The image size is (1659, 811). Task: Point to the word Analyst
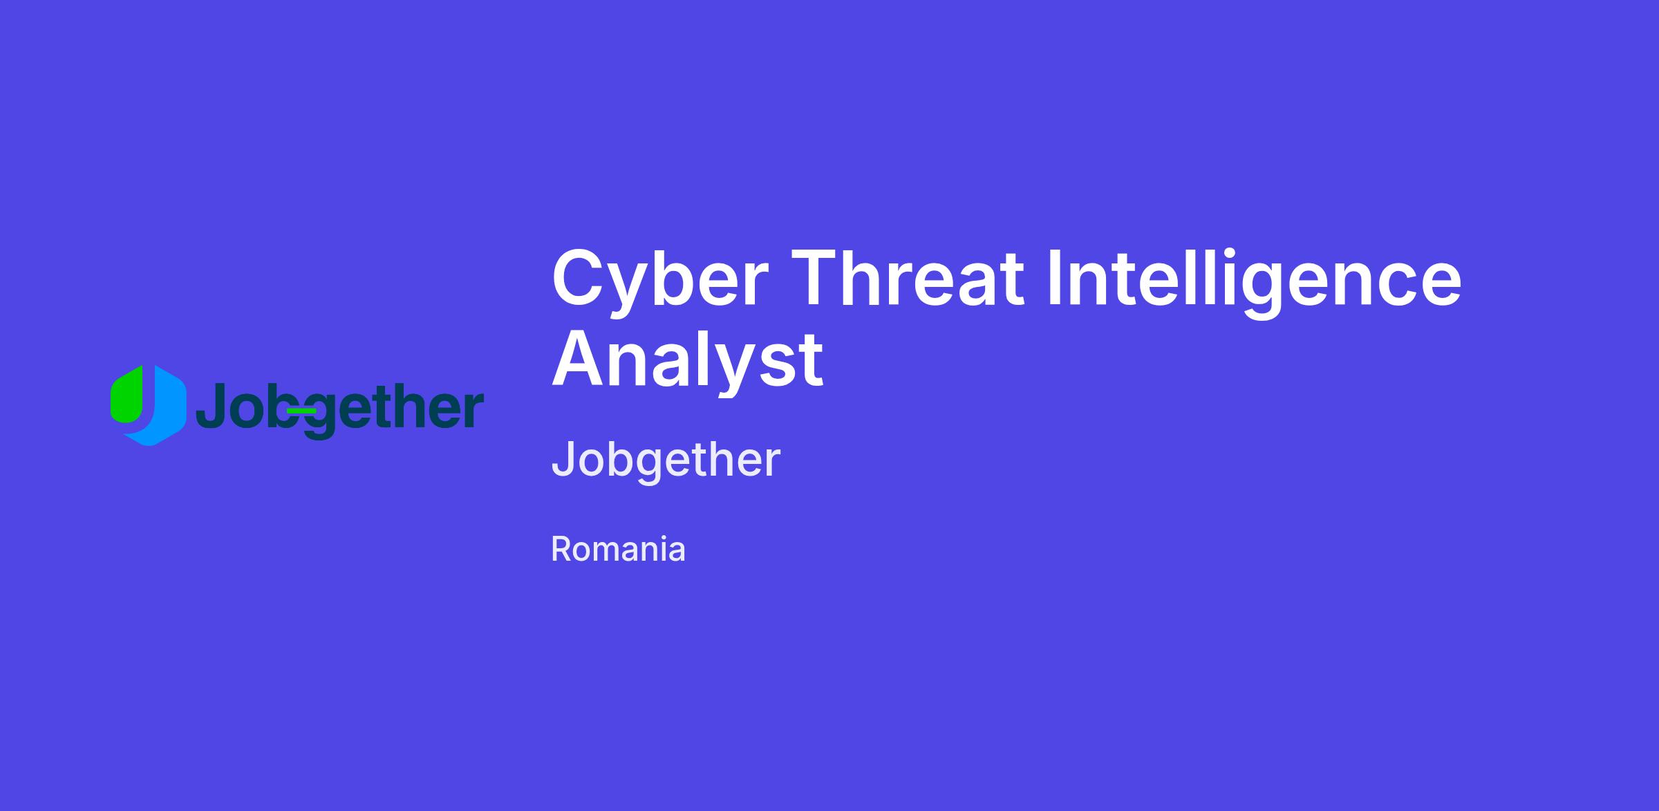(687, 360)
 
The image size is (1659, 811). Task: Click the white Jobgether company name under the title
(666, 460)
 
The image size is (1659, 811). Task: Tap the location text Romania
(618, 550)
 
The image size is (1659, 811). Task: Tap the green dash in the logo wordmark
(301, 411)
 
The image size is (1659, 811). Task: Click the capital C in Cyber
(577, 278)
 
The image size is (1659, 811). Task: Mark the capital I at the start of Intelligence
(1055, 278)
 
